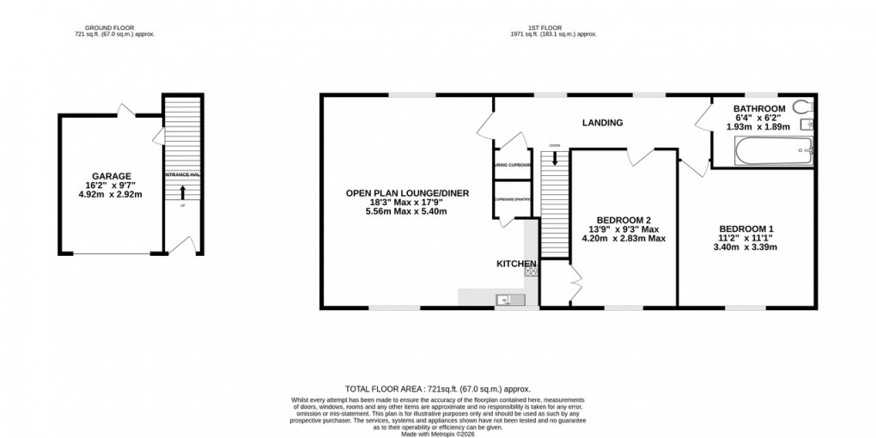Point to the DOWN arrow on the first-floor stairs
(555, 155)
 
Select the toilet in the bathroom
(803, 107)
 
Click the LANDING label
(602, 123)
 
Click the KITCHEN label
(515, 263)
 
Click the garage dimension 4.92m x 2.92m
(109, 194)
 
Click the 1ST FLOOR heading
(551, 27)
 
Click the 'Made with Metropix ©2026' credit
(437, 435)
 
